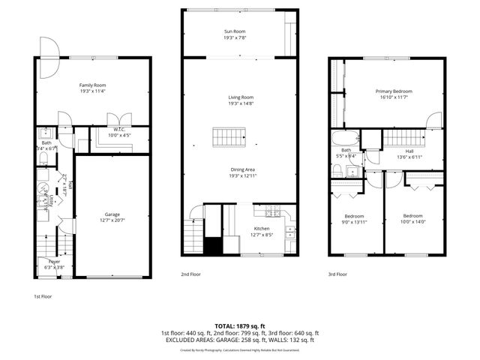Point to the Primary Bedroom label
394,91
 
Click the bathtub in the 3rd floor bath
346,139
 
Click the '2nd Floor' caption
190,274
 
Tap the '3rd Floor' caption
337,274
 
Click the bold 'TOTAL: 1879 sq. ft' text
240,326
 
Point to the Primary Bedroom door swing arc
433,120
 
